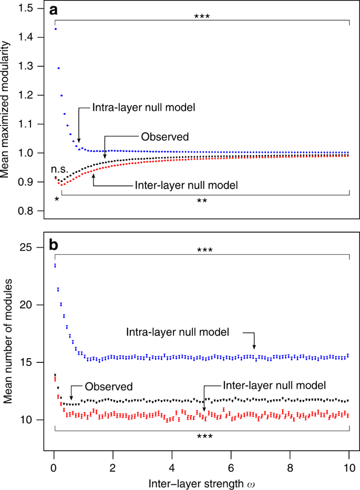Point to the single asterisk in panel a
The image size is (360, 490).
coord(56,200)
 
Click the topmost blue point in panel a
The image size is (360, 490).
coord(56,29)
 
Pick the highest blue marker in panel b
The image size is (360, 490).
coord(55,266)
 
